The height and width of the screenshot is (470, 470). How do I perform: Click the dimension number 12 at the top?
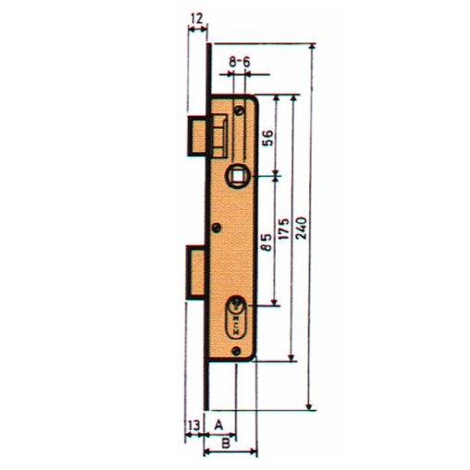pyautogui.click(x=195, y=19)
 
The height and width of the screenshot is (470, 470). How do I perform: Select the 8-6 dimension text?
pyautogui.click(x=241, y=60)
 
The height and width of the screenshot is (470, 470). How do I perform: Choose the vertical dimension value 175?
pyautogui.click(x=285, y=228)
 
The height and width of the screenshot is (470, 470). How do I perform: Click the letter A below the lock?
pyautogui.click(x=220, y=423)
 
